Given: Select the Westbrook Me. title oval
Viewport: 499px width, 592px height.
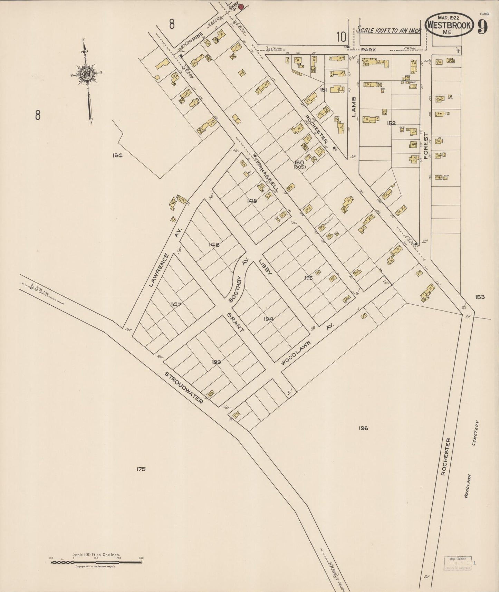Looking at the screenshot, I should pos(449,25).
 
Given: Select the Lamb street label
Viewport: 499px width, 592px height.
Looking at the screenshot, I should pos(354,107).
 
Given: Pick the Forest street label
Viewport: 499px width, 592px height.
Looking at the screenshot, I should pos(426,148).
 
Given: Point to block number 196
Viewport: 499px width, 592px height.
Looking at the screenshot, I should pos(363,428).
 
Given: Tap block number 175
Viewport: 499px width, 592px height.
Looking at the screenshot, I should pos(141,469).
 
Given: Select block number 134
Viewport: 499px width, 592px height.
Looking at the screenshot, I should pos(117,155).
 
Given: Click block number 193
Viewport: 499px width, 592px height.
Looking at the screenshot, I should pos(217,362).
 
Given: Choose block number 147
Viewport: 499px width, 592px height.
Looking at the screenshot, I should pos(176,304).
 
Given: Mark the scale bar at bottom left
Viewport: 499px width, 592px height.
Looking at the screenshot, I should pos(96,562).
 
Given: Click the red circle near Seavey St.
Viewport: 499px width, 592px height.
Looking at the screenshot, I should pos(241,6).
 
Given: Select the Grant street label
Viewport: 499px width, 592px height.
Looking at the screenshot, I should pos(236,322).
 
